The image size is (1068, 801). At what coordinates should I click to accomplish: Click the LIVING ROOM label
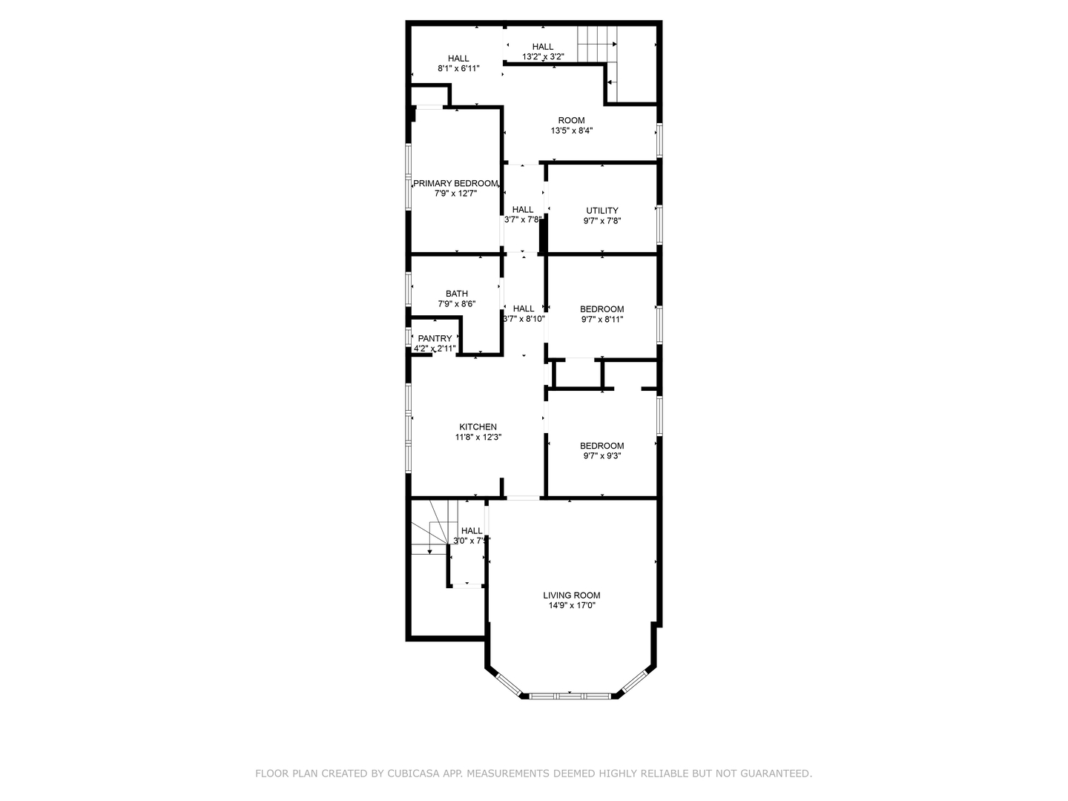click(571, 595)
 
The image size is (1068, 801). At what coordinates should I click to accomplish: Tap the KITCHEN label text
click(478, 426)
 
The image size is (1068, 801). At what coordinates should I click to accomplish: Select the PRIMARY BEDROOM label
click(455, 183)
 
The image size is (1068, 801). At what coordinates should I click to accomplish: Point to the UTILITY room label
click(601, 210)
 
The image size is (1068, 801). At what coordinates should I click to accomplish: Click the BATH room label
click(456, 294)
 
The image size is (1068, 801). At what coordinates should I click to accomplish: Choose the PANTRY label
click(435, 338)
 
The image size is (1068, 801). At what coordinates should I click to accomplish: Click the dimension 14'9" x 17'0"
click(571, 605)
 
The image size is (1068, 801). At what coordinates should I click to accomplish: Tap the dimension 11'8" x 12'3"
click(478, 437)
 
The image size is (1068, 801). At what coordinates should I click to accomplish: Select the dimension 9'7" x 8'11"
click(601, 320)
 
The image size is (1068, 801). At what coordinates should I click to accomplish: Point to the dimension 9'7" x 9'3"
click(601, 456)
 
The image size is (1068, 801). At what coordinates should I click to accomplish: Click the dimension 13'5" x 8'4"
click(571, 131)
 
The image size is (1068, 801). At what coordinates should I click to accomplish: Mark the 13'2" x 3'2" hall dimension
click(543, 56)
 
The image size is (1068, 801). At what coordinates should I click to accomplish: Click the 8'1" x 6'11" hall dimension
click(458, 68)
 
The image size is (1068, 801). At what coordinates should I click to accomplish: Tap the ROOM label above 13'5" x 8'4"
click(571, 120)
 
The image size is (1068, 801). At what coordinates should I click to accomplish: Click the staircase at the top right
click(598, 44)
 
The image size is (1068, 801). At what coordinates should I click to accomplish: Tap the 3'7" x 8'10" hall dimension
click(524, 319)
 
